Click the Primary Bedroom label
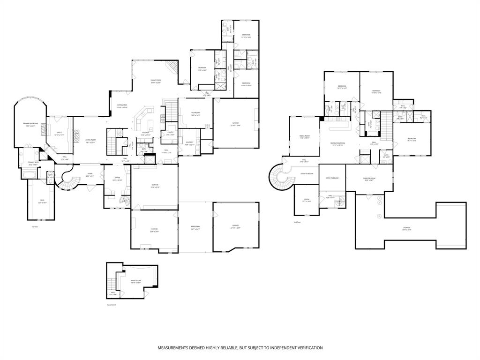click(30, 124)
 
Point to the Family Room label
click(156, 82)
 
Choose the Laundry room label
click(189, 143)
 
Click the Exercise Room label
click(368, 179)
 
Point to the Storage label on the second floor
click(406, 229)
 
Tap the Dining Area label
click(123, 106)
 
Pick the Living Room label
click(90, 141)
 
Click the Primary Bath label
click(33, 164)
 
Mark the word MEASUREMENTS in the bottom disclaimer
click(178, 348)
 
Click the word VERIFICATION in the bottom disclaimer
click(306, 348)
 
